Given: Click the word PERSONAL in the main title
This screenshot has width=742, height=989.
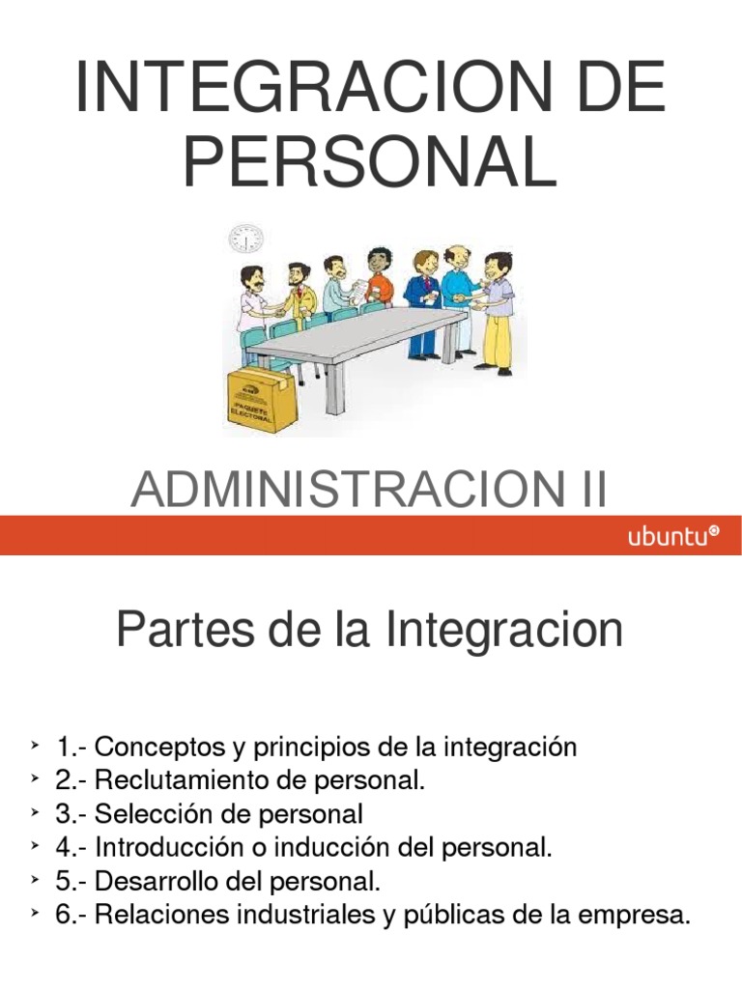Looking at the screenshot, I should click(x=370, y=161).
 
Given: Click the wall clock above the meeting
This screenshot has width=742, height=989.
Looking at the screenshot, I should click(x=245, y=238).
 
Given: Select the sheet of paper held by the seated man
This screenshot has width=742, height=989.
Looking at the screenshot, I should click(x=357, y=287).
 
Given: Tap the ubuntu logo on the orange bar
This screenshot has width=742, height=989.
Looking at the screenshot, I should click(x=673, y=537).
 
